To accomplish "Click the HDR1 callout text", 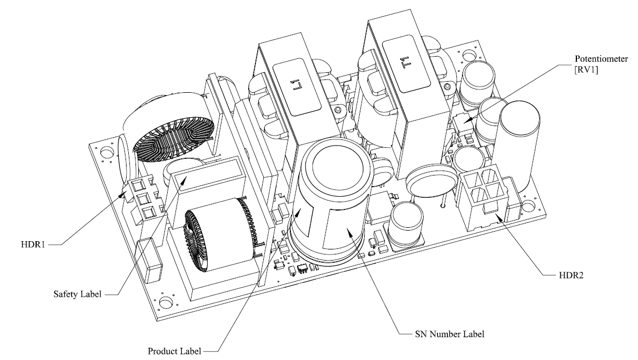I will (x=29, y=243).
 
